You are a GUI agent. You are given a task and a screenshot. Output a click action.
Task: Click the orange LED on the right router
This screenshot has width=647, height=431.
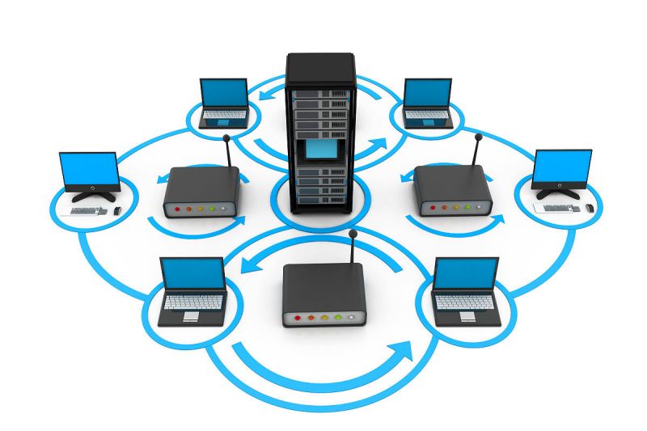(x=443, y=206)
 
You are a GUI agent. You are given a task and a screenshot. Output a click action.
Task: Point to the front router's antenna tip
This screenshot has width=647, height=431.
(x=353, y=234)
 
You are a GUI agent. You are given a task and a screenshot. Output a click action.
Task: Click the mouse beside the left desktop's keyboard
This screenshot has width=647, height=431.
(x=117, y=210)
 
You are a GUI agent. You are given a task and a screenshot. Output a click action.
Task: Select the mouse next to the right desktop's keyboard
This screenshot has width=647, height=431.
(x=590, y=208)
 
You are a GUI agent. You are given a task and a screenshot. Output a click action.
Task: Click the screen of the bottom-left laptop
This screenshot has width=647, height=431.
(x=192, y=275)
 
